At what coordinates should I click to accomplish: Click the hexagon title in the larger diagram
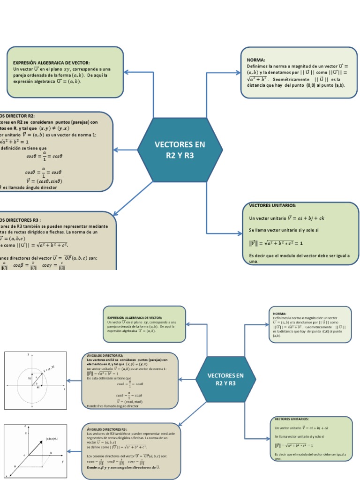(x=180, y=150)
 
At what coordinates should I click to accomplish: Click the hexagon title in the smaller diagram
(x=225, y=379)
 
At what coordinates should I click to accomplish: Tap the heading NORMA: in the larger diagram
(x=256, y=60)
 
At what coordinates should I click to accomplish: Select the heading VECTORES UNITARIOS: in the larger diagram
(x=272, y=205)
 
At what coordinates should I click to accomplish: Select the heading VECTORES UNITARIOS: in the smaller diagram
(x=292, y=419)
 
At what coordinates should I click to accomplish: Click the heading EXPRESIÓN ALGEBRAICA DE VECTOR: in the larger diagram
(x=51, y=63)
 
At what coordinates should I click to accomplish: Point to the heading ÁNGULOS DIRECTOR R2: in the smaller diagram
(x=105, y=356)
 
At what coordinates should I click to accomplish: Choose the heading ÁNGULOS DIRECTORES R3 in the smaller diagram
(x=107, y=429)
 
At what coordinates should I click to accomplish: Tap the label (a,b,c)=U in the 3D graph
(x=52, y=439)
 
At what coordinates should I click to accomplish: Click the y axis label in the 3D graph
(x=62, y=462)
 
